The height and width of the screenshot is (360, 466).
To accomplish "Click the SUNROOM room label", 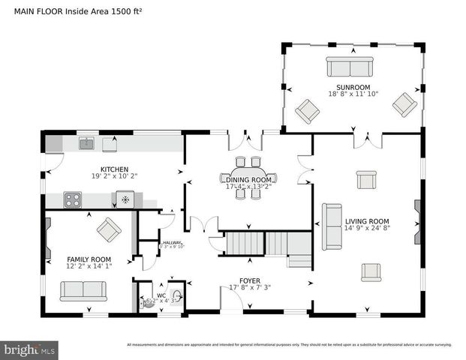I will tap(353, 87).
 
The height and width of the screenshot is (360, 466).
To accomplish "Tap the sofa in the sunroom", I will tap(348, 67).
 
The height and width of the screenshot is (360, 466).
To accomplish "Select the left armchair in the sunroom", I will tap(307, 112).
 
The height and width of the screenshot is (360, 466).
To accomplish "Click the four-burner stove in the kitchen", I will tap(73, 199).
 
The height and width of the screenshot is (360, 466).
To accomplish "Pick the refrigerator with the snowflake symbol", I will tap(125, 199).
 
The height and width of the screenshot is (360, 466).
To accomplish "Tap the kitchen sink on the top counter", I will tap(86, 142).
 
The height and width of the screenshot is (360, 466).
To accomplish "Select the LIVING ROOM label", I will tap(367, 221).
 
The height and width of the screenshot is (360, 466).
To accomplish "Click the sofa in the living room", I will tap(332, 226).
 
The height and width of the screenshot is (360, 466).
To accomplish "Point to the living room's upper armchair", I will tap(366, 180).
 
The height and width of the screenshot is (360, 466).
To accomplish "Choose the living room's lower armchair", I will tap(371, 271).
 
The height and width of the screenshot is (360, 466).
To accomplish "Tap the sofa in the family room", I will tap(83, 290).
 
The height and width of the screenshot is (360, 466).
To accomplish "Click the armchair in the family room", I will tap(108, 229).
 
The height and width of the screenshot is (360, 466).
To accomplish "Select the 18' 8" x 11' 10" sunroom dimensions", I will tap(353, 94).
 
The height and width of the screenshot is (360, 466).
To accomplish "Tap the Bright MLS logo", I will tap(30, 349).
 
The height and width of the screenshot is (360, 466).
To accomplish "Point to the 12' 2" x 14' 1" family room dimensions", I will tap(89, 265).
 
